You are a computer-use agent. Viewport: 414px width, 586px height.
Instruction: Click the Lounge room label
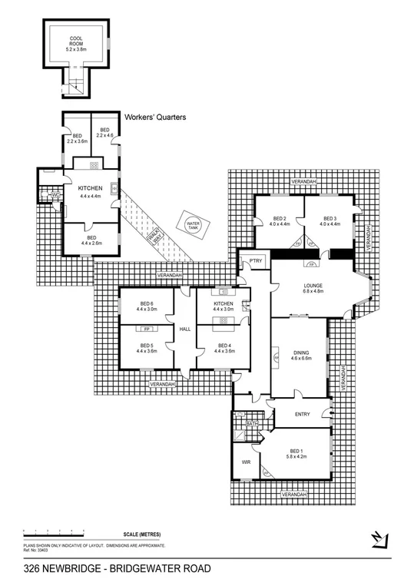pyautogui.click(x=312, y=288)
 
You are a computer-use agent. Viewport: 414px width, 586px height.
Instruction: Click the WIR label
pyautogui.click(x=247, y=463)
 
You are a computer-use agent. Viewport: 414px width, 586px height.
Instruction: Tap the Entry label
pyautogui.click(x=302, y=414)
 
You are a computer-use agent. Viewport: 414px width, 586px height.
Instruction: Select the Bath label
pyautogui.click(x=251, y=423)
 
